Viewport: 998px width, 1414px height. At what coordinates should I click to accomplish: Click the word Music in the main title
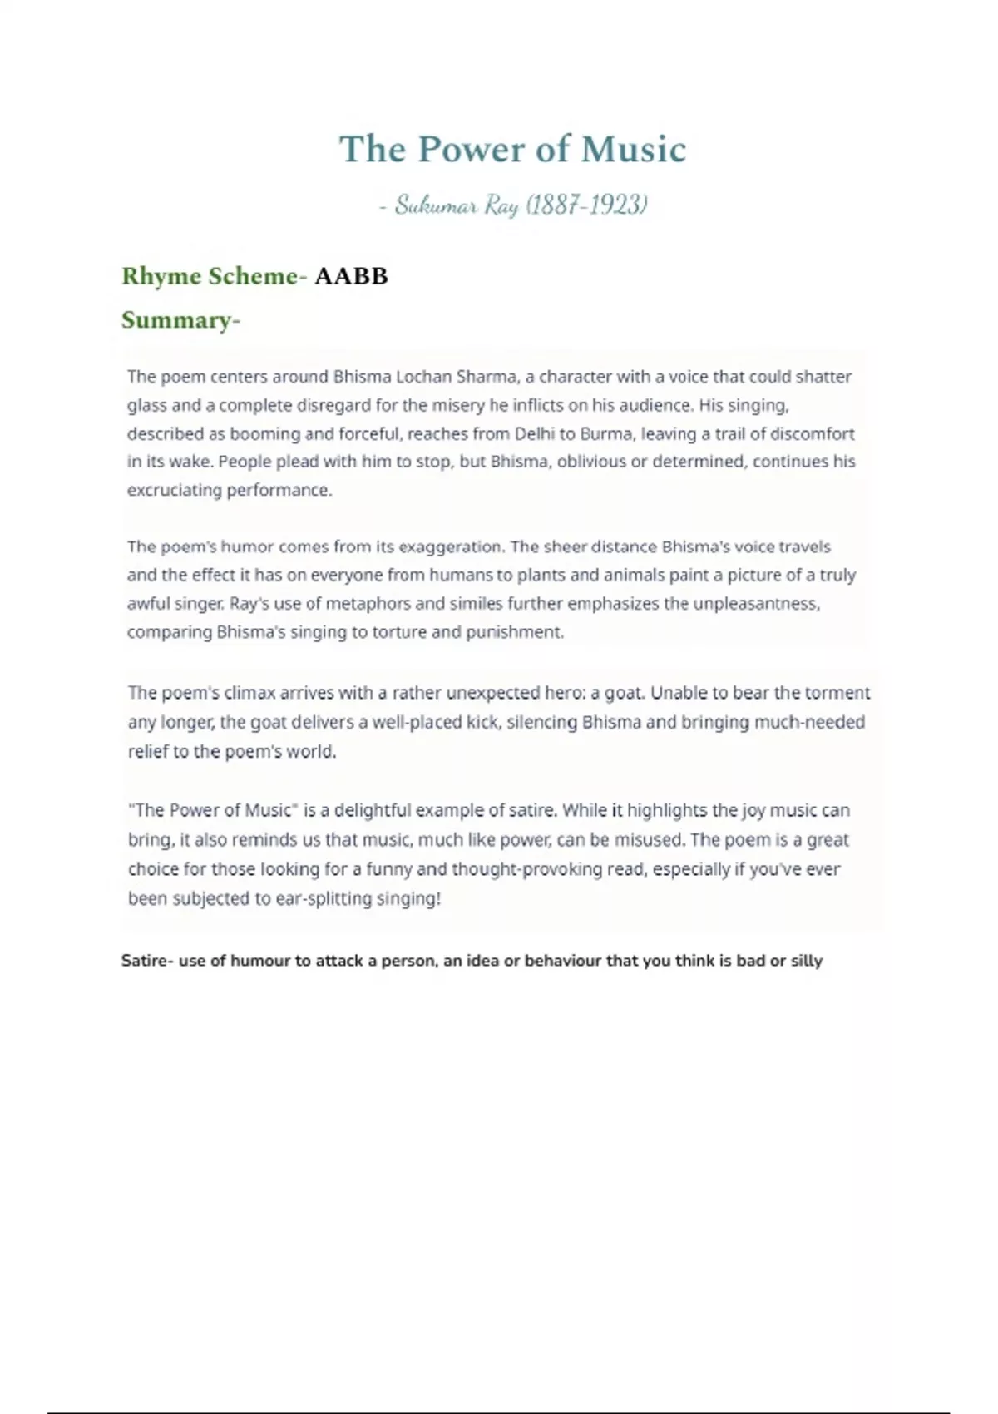[634, 150]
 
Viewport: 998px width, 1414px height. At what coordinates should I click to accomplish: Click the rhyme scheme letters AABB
[351, 276]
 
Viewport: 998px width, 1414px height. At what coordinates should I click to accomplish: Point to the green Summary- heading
[180, 320]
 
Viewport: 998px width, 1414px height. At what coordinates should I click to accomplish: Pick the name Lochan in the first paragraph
[422, 377]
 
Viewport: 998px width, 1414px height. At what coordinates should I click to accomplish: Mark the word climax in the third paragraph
[252, 693]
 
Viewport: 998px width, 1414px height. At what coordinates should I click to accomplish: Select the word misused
[650, 839]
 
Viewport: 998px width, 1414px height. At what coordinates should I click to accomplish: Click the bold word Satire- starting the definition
[147, 961]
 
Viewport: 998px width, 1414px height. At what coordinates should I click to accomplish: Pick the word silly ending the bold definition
[806, 961]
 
